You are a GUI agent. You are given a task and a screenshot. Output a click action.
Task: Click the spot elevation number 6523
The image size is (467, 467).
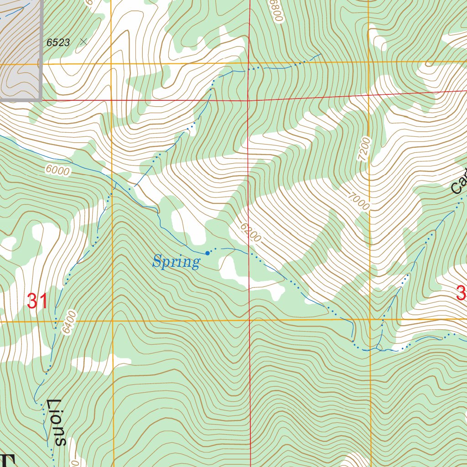click(x=58, y=43)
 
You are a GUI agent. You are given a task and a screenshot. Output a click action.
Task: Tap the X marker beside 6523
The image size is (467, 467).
click(x=83, y=42)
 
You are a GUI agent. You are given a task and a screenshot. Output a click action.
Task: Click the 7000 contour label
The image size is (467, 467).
click(x=358, y=201)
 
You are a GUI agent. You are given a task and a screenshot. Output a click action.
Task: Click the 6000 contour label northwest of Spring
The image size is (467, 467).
click(x=58, y=171)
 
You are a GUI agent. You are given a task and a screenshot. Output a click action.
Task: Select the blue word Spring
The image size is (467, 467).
click(x=176, y=262)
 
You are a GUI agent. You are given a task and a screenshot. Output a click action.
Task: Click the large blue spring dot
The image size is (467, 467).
click(x=208, y=253)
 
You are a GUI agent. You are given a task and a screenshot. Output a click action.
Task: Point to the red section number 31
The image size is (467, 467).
click(x=37, y=301)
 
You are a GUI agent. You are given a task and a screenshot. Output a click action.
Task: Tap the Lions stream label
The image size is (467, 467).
click(x=57, y=422)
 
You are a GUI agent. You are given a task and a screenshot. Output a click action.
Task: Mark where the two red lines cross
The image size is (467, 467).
click(x=248, y=100)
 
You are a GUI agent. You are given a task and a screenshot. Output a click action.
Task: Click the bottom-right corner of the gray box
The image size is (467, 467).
click(x=41, y=99)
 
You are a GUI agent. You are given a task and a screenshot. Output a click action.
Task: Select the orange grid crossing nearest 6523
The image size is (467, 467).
click(x=112, y=64)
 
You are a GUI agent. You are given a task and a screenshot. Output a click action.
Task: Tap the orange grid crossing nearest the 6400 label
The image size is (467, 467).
click(x=112, y=321)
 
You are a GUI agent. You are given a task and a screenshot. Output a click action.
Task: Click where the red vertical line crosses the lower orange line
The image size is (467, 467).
click(x=249, y=320)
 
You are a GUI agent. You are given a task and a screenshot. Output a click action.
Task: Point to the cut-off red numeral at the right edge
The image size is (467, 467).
click(x=462, y=293)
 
